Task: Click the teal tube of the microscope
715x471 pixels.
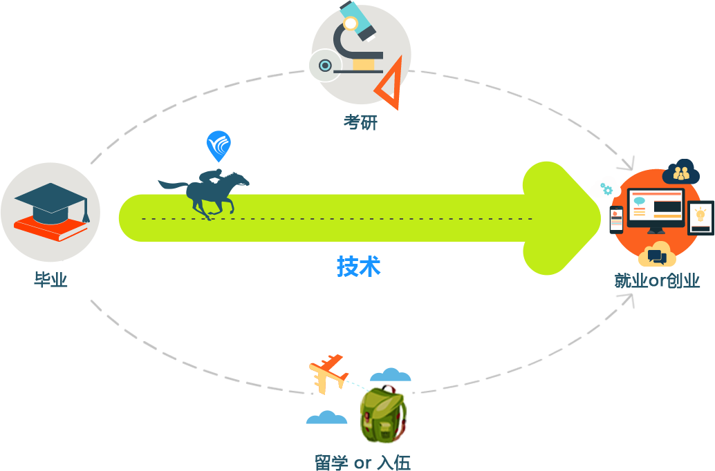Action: tap(358, 20)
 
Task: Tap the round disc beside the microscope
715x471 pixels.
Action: tap(324, 66)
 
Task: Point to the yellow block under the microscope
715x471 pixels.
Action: tap(364, 64)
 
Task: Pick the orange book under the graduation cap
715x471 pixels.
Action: tap(48, 228)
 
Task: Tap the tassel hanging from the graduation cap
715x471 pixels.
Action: tap(86, 213)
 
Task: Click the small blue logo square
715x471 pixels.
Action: tap(219, 146)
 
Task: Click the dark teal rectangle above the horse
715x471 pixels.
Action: tap(203, 180)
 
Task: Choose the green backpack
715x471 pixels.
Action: tap(382, 414)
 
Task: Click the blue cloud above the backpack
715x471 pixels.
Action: tap(391, 375)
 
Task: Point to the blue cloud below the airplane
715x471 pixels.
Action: tap(325, 417)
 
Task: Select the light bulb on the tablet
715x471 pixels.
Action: tap(700, 215)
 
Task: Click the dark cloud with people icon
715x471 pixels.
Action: tap(681, 173)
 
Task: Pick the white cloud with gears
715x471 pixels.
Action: tap(604, 188)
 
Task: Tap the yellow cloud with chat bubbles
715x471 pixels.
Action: tap(656, 256)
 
